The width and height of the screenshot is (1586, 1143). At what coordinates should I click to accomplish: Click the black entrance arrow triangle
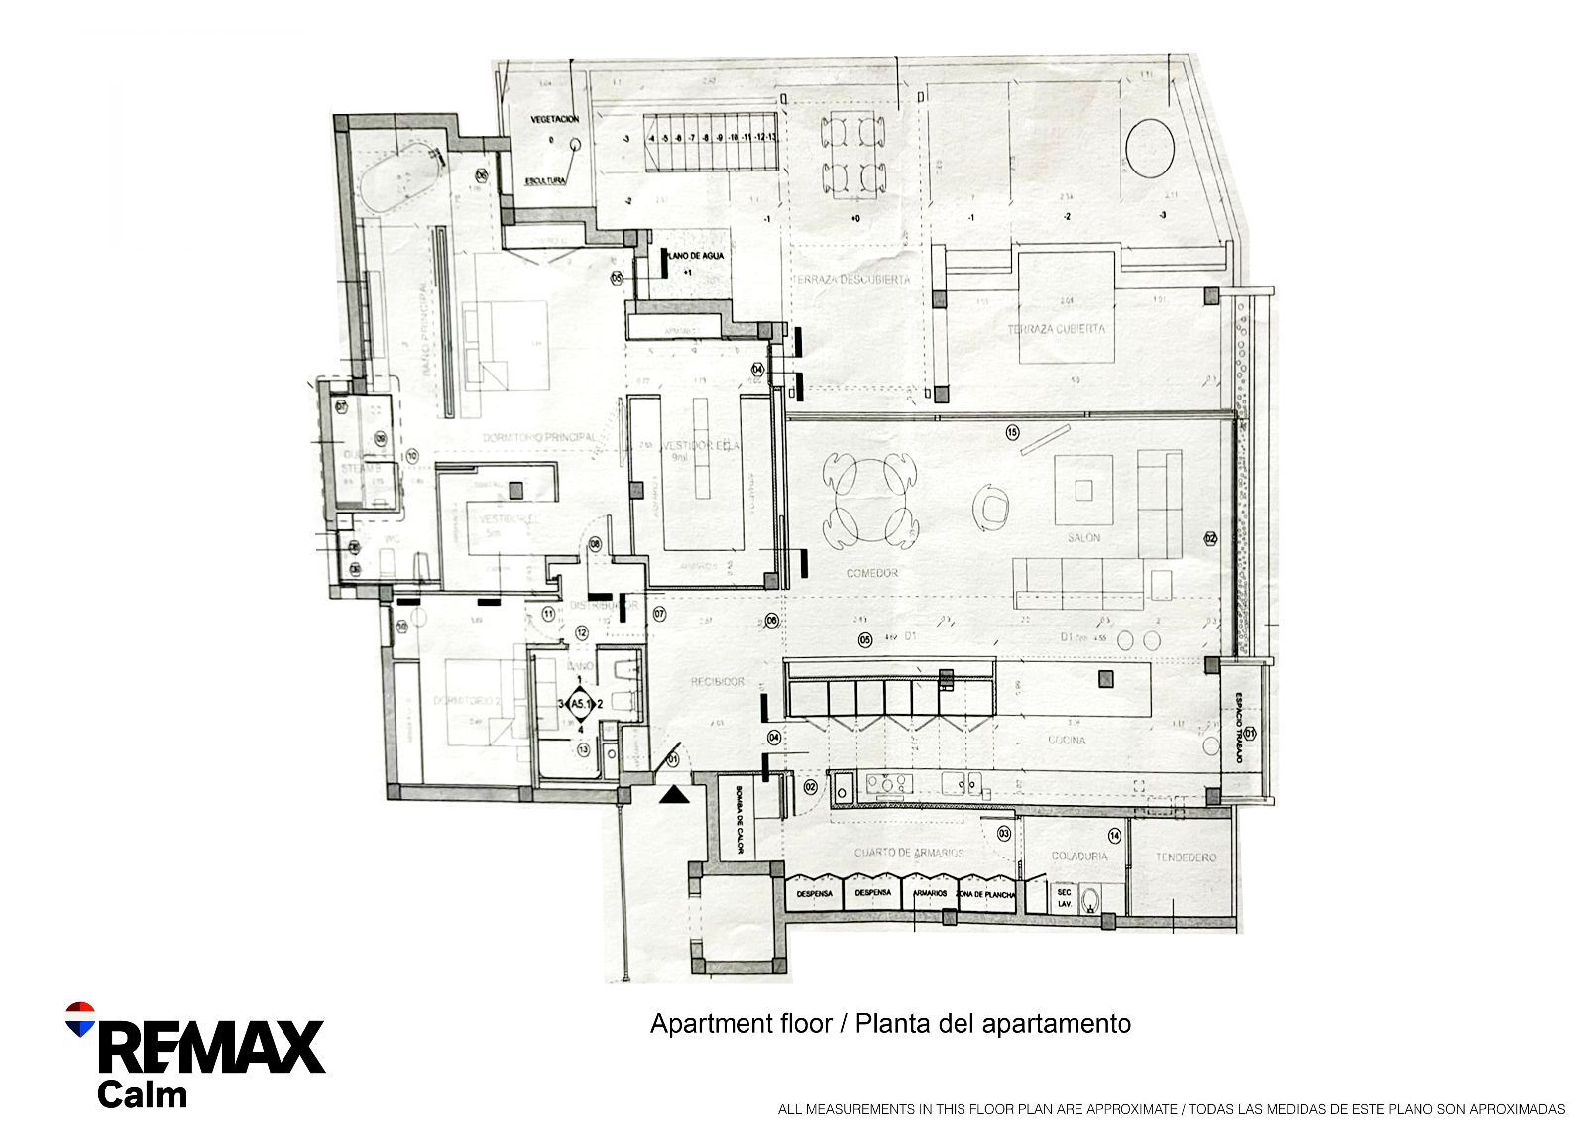pyautogui.click(x=673, y=794)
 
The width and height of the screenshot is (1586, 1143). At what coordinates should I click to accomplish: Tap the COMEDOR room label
pyautogui.click(x=872, y=574)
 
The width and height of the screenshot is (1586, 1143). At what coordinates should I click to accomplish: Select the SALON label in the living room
pyautogui.click(x=1083, y=538)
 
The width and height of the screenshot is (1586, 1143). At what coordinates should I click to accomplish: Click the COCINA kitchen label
pyautogui.click(x=1066, y=741)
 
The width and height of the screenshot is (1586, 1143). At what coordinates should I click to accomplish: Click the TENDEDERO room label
pyautogui.click(x=1185, y=857)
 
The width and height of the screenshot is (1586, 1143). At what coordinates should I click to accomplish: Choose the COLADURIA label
pyautogui.click(x=1080, y=856)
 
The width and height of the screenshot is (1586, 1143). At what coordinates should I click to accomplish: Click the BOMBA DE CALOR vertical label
pyautogui.click(x=738, y=822)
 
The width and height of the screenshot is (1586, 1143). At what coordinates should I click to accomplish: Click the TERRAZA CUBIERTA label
pyautogui.click(x=1056, y=329)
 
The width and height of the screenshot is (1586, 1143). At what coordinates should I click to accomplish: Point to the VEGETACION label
pyautogui.click(x=554, y=118)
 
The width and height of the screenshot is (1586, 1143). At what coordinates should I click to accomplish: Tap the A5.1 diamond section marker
pyautogui.click(x=580, y=703)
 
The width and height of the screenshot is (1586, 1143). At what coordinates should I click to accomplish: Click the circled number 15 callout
pyautogui.click(x=1012, y=431)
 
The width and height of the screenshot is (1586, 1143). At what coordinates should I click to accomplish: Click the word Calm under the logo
pyautogui.click(x=142, y=1095)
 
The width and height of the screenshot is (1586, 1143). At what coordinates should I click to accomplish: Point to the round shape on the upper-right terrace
pyautogui.click(x=1148, y=146)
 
